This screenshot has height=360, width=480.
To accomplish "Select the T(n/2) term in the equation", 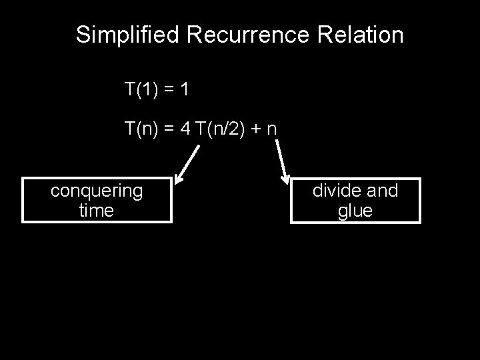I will [x=220, y=129].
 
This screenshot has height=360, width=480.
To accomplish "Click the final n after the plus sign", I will [x=271, y=129].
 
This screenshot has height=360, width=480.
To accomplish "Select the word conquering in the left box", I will [x=97, y=191].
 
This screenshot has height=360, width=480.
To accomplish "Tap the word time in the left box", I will [x=97, y=211].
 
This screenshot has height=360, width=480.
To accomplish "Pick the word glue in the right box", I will [x=355, y=211].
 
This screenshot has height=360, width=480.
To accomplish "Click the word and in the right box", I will [x=383, y=191].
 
